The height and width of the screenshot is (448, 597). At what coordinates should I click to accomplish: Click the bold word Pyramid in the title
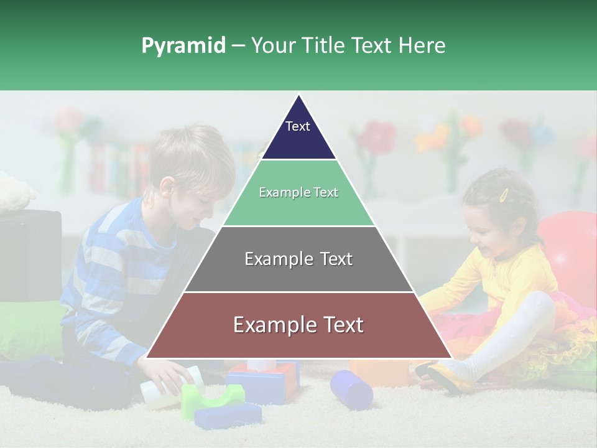(x=183, y=46)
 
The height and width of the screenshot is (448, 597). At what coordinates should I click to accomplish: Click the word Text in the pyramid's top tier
(x=297, y=126)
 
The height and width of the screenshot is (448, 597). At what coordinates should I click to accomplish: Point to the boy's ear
(x=167, y=186)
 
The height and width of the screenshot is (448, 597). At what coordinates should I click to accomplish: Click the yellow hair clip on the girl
(x=504, y=195)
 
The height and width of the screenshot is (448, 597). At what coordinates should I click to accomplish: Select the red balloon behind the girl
(x=569, y=249)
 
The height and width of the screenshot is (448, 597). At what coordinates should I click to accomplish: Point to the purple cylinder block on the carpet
(x=351, y=389)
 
